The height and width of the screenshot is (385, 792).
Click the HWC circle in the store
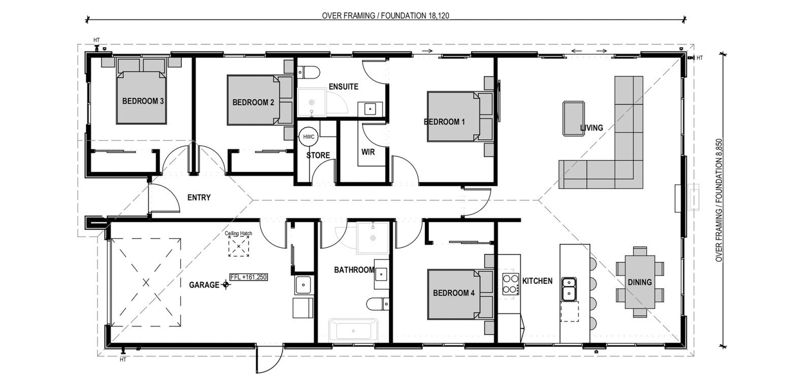[308, 137]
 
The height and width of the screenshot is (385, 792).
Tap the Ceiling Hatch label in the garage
[238, 233]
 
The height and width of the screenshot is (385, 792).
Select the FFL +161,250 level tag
[249, 277]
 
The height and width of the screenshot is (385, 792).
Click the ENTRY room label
[199, 197]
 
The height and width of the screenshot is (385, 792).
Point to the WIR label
[368, 152]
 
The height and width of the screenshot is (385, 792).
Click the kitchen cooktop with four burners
[511, 284]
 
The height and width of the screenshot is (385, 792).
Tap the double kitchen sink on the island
[569, 289]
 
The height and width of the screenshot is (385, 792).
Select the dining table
[640, 282]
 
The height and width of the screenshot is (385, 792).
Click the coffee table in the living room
[574, 119]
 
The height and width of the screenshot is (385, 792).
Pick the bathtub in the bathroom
[353, 331]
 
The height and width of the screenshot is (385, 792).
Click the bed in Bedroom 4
[460, 294]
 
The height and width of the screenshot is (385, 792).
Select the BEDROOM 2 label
[253, 102]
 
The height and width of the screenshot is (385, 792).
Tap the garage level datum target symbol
[226, 284]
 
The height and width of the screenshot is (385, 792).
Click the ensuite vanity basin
[370, 109]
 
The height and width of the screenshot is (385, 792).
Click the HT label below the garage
[123, 360]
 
